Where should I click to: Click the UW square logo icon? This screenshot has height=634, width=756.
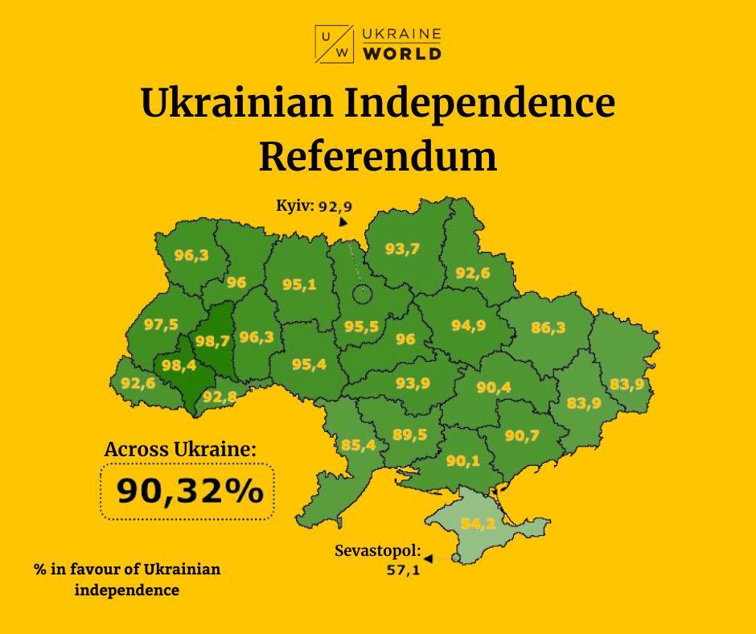click(x=334, y=43)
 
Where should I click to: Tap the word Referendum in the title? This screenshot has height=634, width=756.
click(x=377, y=155)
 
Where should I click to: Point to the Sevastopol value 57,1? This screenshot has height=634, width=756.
click(x=402, y=571)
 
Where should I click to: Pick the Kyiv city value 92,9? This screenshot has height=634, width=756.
click(x=335, y=206)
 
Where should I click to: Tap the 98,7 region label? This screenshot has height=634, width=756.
click(x=212, y=340)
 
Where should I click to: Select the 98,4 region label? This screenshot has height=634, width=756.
click(x=178, y=366)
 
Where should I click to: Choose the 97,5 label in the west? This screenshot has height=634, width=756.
click(x=161, y=324)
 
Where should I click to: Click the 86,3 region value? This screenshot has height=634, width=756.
click(x=549, y=327)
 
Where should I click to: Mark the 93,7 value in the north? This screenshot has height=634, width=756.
click(x=402, y=249)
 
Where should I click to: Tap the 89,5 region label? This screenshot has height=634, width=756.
click(x=409, y=434)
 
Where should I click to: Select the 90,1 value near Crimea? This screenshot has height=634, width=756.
click(x=462, y=460)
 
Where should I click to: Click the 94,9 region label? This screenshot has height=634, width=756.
click(x=467, y=325)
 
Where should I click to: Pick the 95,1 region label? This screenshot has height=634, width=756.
click(x=298, y=284)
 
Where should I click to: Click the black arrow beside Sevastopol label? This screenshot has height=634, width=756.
click(x=428, y=558)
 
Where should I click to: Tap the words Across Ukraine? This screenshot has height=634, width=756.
click(x=180, y=449)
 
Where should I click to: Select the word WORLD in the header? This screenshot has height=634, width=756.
click(x=402, y=54)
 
